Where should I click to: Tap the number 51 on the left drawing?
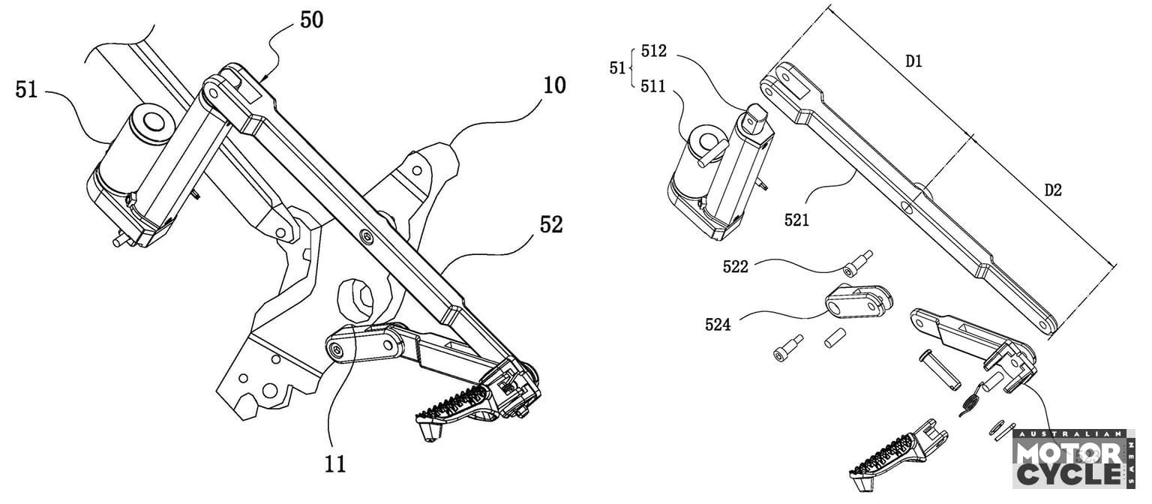(x=27, y=91)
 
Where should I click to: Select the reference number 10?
(x=554, y=85)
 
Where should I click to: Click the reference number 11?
(x=335, y=463)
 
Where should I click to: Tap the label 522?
(x=736, y=267)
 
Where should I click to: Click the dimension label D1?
(x=913, y=62)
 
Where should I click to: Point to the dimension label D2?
(x=1053, y=190)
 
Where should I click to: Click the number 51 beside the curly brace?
(x=617, y=69)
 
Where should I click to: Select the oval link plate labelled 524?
(x=859, y=301)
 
